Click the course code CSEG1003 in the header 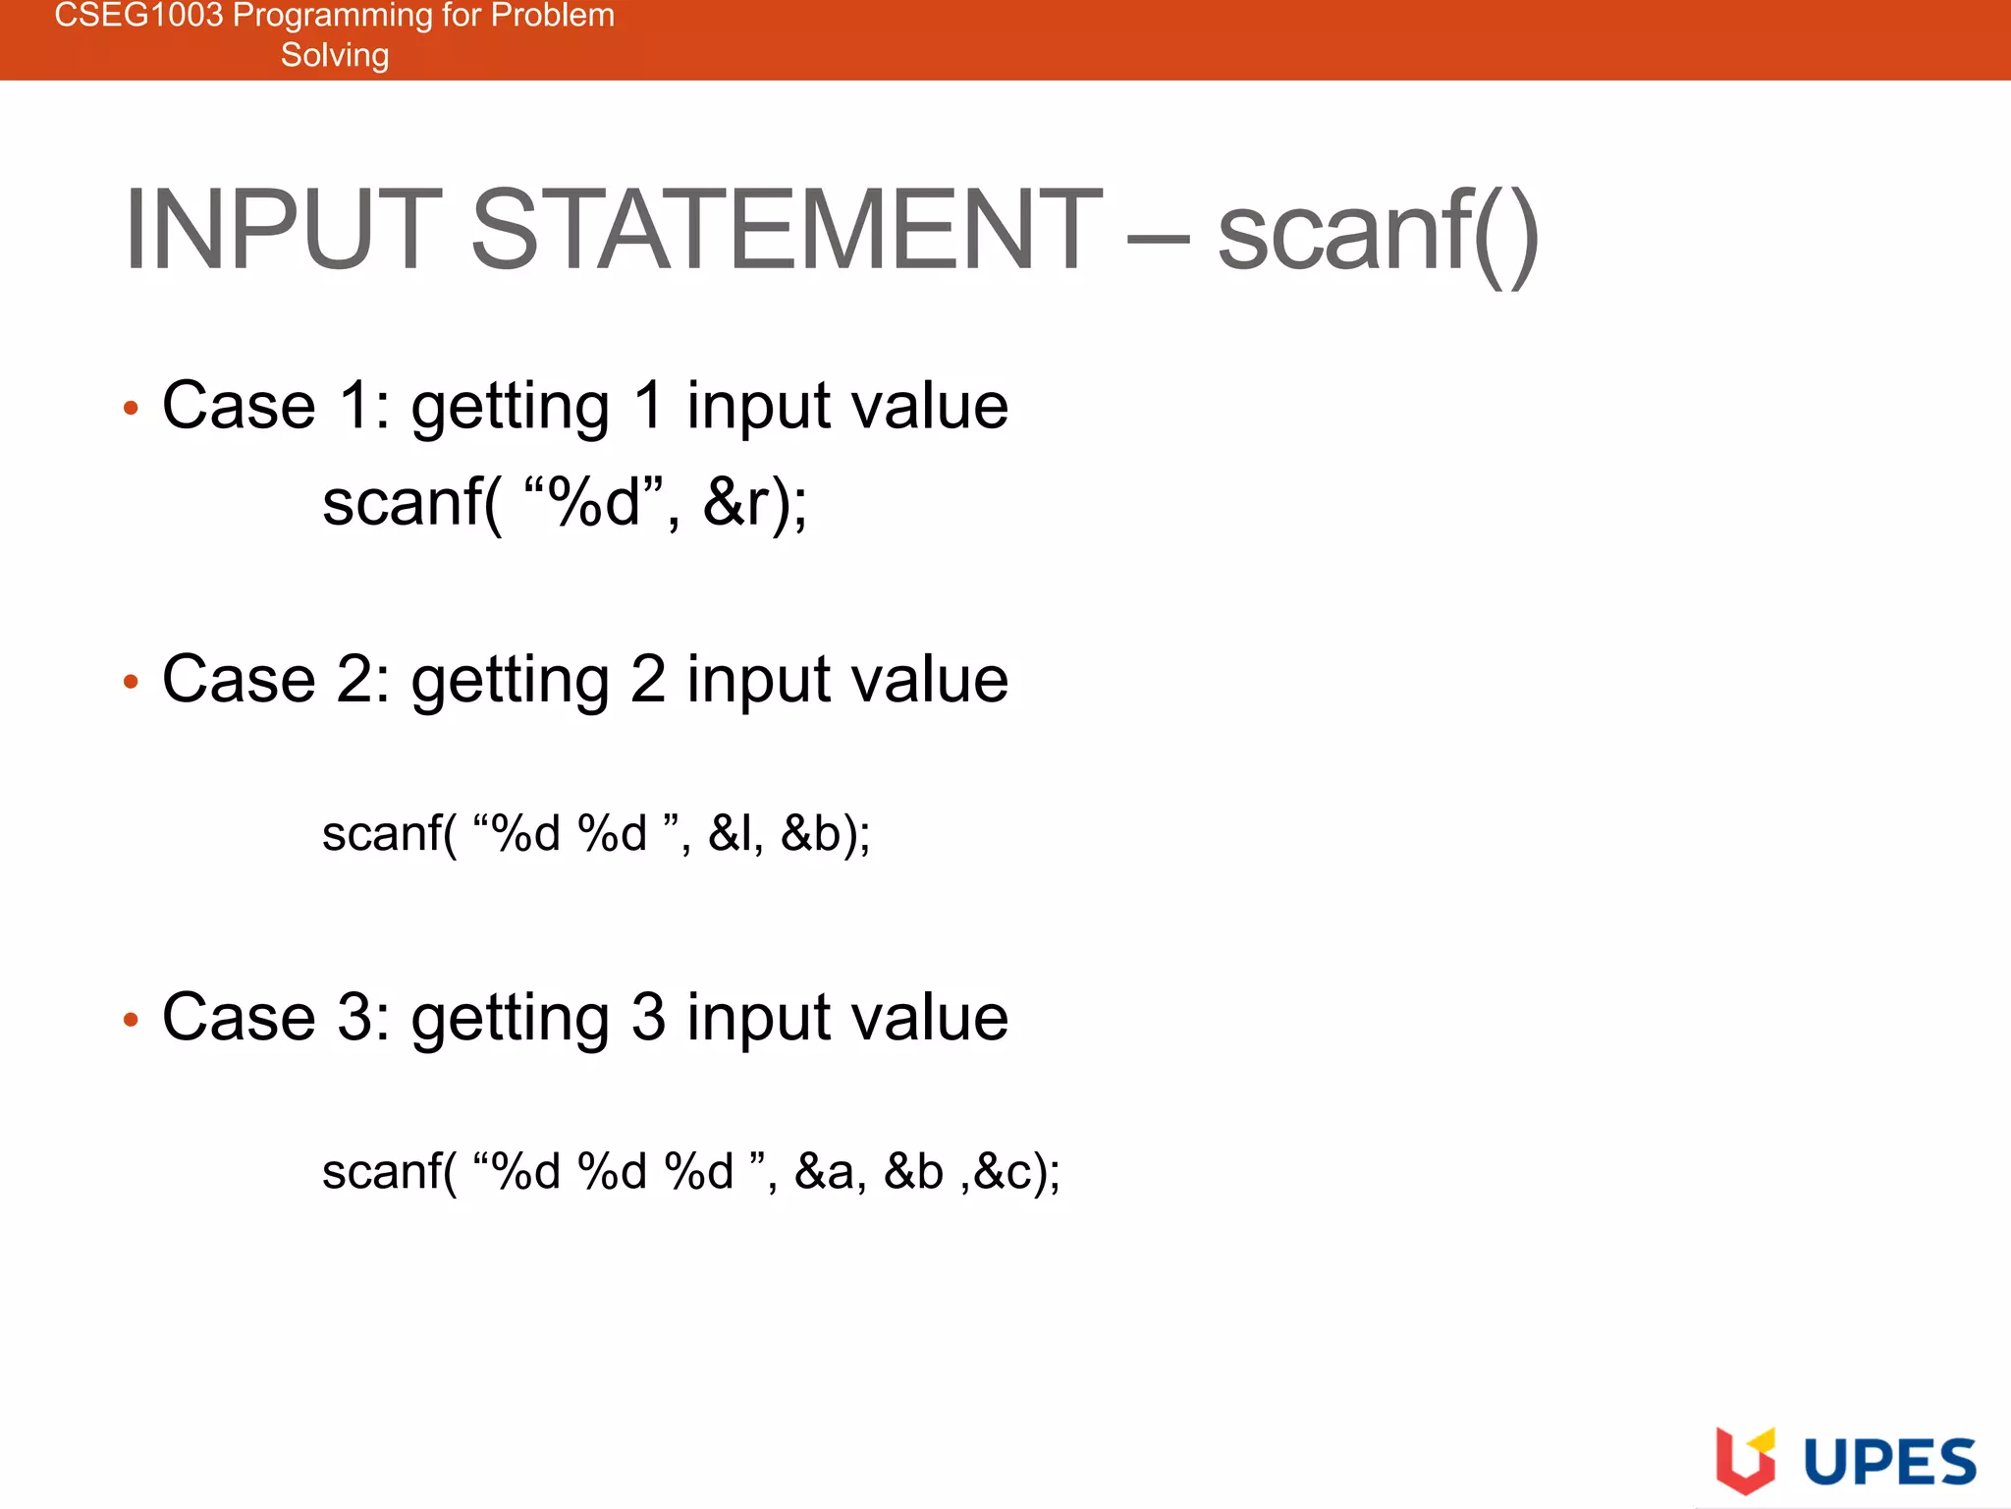pos(138,16)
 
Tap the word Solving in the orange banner pos(335,55)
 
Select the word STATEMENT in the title pos(787,230)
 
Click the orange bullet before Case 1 pos(132,408)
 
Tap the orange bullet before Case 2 pos(132,681)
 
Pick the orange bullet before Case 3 pos(132,1020)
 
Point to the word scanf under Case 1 pos(403,502)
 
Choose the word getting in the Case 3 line pos(510,1020)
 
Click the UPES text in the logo pos(1890,1463)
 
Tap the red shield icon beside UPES pos(1745,1461)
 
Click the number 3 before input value pos(648,1018)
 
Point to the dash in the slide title pos(1159,238)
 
